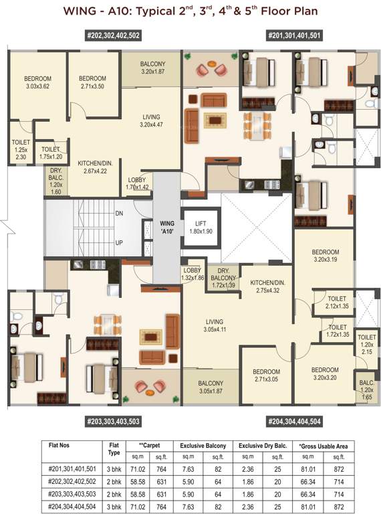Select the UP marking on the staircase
[120, 242]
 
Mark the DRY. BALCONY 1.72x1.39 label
[223, 278]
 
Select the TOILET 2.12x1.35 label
[336, 303]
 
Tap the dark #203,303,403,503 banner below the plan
[113, 422]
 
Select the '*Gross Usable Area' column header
[327, 445]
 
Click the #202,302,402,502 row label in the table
[73, 480]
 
